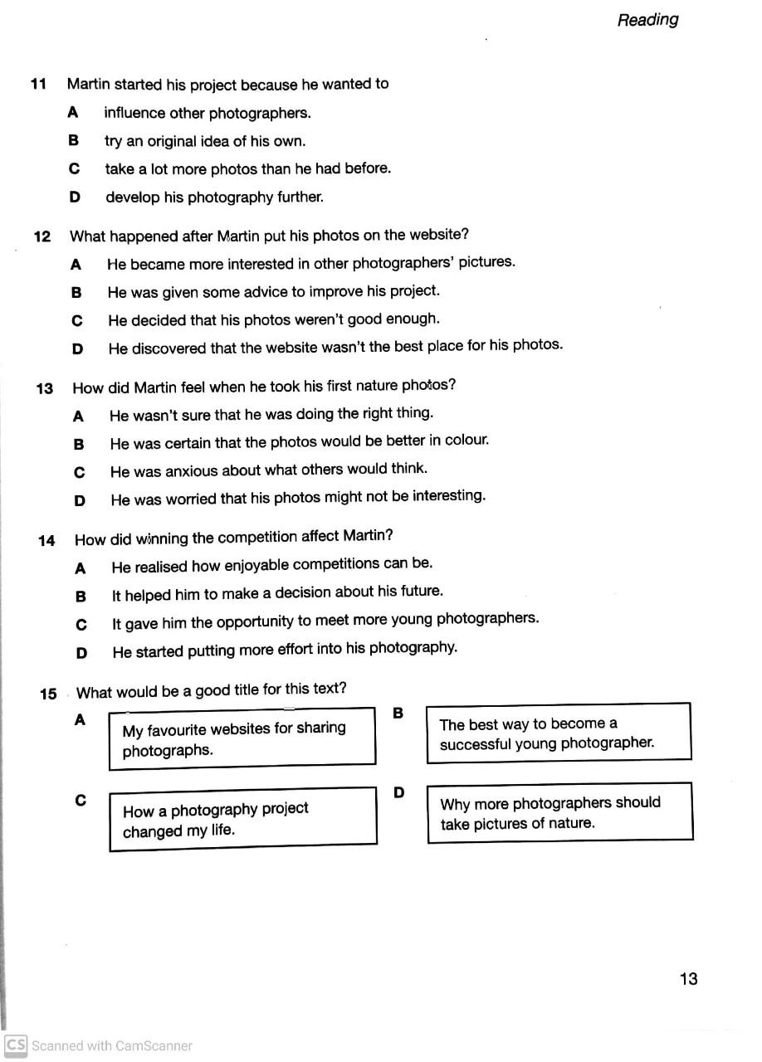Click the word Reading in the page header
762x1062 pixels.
pyautogui.click(x=647, y=20)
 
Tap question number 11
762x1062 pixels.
pyautogui.click(x=38, y=84)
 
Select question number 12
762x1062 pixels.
pyautogui.click(x=42, y=236)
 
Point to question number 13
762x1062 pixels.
pyautogui.click(x=45, y=388)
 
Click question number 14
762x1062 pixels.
pyautogui.click(x=46, y=541)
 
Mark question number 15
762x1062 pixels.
pyautogui.click(x=48, y=694)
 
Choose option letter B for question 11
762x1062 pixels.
pyautogui.click(x=73, y=141)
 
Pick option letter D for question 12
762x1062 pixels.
pyautogui.click(x=77, y=349)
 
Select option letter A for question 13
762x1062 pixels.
pyautogui.click(x=78, y=417)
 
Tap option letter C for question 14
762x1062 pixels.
pyautogui.click(x=81, y=625)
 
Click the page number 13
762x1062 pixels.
pyautogui.click(x=688, y=979)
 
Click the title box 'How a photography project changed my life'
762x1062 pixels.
pyautogui.click(x=242, y=819)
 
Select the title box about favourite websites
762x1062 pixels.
pyautogui.click(x=242, y=738)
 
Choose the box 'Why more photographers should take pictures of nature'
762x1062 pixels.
pyautogui.click(x=559, y=813)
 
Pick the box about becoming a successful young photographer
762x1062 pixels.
pyautogui.click(x=558, y=733)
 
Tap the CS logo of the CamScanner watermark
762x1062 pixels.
pyautogui.click(x=16, y=1045)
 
